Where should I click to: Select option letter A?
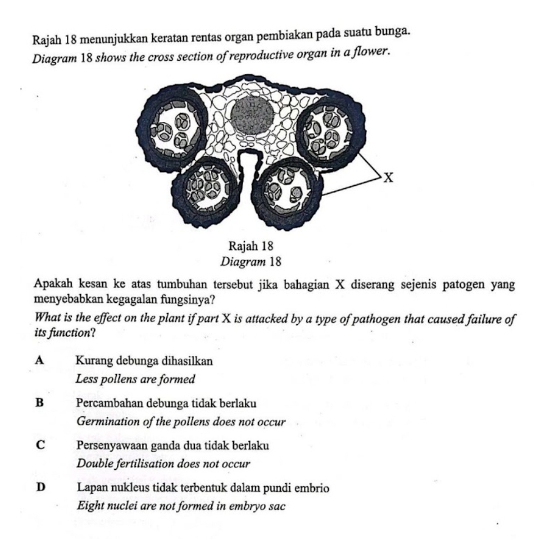(x=39, y=360)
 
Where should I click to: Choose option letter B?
(x=39, y=403)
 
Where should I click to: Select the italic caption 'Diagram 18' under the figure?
(x=251, y=262)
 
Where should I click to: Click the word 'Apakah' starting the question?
(x=52, y=284)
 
